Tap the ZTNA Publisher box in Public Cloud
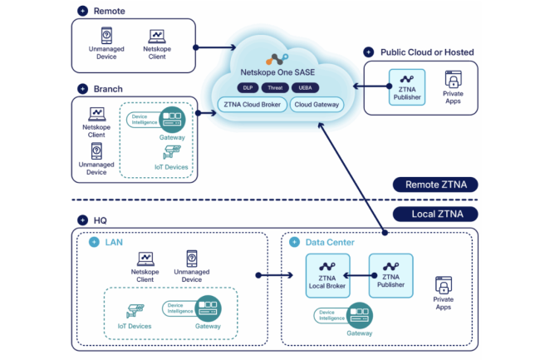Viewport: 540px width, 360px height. [407, 88]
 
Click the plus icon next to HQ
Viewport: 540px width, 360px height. [82, 219]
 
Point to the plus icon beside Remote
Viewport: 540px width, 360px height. [82, 10]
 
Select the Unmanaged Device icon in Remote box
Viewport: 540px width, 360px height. [107, 36]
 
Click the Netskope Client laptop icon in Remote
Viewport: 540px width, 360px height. [157, 37]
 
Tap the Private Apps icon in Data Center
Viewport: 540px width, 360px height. [443, 285]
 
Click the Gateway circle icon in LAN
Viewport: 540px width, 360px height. [209, 307]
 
